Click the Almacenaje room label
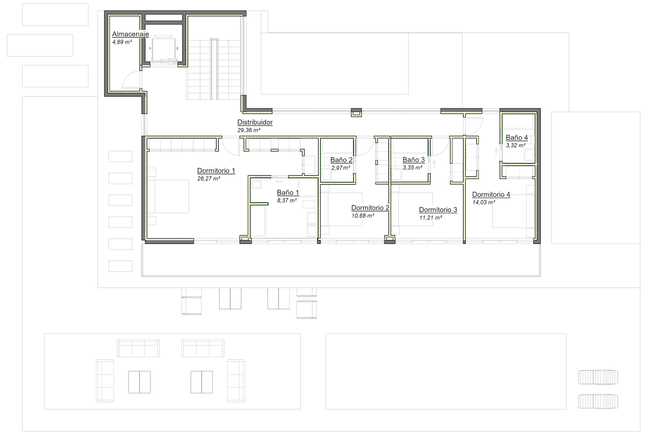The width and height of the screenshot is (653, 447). tap(130, 34)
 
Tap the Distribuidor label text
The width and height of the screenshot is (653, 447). tap(255, 122)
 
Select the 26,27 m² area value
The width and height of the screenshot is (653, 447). tap(209, 179)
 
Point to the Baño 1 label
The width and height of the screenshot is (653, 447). tap(288, 193)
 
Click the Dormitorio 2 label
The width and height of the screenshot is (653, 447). tap(370, 208)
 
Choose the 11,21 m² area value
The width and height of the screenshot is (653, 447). tap(430, 218)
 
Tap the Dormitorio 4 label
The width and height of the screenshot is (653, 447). tap(491, 195)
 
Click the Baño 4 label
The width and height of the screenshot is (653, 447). tap(516, 138)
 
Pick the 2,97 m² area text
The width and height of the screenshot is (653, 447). tap(341, 168)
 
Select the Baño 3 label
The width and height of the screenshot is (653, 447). tap(413, 160)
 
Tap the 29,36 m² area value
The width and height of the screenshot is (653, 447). tap(249, 130)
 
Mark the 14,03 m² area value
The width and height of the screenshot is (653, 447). tap(483, 203)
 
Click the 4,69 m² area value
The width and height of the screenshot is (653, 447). tap(122, 42)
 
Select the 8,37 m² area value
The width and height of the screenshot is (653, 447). tap(286, 201)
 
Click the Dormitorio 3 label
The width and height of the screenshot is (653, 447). tap(438, 210)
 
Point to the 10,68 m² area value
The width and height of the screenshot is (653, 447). tap(362, 216)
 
